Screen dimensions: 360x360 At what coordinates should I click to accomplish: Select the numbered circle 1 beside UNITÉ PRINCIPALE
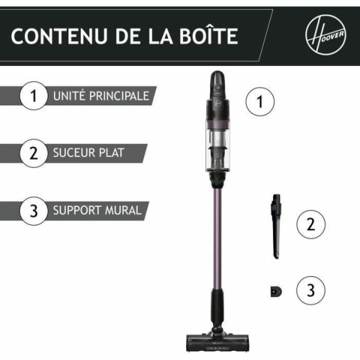tap(33, 97)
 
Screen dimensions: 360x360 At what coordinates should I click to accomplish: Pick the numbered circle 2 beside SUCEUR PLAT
tap(33, 154)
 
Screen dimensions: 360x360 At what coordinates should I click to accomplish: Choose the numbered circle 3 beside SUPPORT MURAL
tap(33, 211)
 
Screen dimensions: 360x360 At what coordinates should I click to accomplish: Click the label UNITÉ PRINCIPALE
tap(100, 97)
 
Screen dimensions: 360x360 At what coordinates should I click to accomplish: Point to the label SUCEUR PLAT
tap(88, 154)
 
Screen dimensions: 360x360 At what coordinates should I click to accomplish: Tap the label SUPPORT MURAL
tap(97, 211)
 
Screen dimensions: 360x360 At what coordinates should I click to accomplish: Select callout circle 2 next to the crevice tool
tap(310, 223)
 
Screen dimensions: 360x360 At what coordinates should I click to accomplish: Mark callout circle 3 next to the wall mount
tap(310, 289)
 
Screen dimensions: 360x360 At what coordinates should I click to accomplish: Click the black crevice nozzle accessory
tap(275, 224)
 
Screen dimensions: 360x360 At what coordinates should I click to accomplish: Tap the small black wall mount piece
tap(274, 290)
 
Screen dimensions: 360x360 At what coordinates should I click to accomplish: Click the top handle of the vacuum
tap(217, 82)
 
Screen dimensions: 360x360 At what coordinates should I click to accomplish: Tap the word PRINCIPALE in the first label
tap(121, 97)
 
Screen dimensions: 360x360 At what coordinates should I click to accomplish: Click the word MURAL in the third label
tap(123, 211)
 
